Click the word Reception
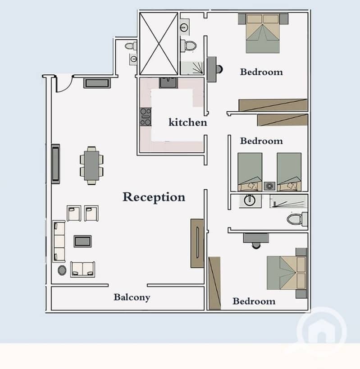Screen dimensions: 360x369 [x=154, y=197]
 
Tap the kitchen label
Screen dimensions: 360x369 [x=188, y=122]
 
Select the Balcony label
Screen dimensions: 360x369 [x=132, y=297]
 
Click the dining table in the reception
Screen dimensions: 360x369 [x=91, y=165]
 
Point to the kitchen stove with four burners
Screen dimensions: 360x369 [x=146, y=117]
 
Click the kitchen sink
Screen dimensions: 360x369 [x=168, y=82]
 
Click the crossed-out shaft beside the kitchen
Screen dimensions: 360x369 [x=159, y=44]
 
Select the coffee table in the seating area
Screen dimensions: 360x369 [x=82, y=241]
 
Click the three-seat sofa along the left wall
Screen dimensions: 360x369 [x=59, y=241]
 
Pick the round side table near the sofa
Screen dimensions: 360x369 [x=62, y=270]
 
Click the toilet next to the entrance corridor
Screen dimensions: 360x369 [x=131, y=46]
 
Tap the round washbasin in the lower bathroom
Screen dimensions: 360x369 [x=250, y=200]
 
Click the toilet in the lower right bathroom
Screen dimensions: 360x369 [x=297, y=219]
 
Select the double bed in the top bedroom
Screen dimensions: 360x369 [x=263, y=33]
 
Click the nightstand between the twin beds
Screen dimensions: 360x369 [x=269, y=186]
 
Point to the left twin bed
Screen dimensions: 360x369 [x=250, y=172]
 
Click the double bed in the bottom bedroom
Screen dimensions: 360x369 [x=287, y=273]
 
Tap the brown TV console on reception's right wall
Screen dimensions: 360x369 [x=197, y=243]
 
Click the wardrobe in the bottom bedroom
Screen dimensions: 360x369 [x=214, y=283]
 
